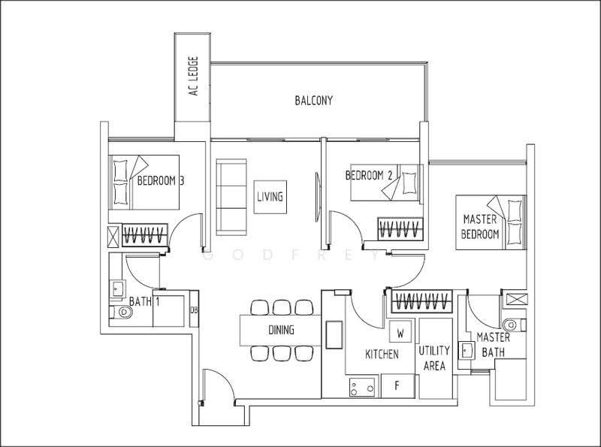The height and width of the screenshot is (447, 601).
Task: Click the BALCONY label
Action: click(x=313, y=101)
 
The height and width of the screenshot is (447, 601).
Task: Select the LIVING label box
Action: click(x=270, y=197)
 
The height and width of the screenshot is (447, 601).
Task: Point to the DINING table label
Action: click(x=281, y=330)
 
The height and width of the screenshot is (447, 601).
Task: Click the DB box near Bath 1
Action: click(x=194, y=309)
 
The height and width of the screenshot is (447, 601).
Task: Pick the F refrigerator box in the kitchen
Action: click(x=398, y=385)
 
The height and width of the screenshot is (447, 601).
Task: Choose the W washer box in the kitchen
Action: click(x=400, y=332)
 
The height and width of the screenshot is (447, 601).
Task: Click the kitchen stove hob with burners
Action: click(x=362, y=387)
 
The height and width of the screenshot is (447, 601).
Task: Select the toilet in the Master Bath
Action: click(x=515, y=325)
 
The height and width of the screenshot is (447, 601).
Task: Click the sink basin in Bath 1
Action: click(x=117, y=288)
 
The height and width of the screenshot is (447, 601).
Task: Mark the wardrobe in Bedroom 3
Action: click(x=145, y=234)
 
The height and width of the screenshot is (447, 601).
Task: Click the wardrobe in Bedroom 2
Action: click(x=400, y=229)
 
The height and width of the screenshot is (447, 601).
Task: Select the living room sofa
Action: click(x=231, y=197)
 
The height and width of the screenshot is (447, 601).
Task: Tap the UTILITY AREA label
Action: click(x=434, y=358)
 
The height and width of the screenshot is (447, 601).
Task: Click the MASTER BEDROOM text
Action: click(x=480, y=227)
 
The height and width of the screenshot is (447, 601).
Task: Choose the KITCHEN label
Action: click(x=382, y=355)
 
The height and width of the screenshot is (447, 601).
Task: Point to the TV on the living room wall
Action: click(x=317, y=197)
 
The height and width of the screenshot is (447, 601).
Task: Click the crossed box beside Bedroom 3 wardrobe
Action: click(x=113, y=236)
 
